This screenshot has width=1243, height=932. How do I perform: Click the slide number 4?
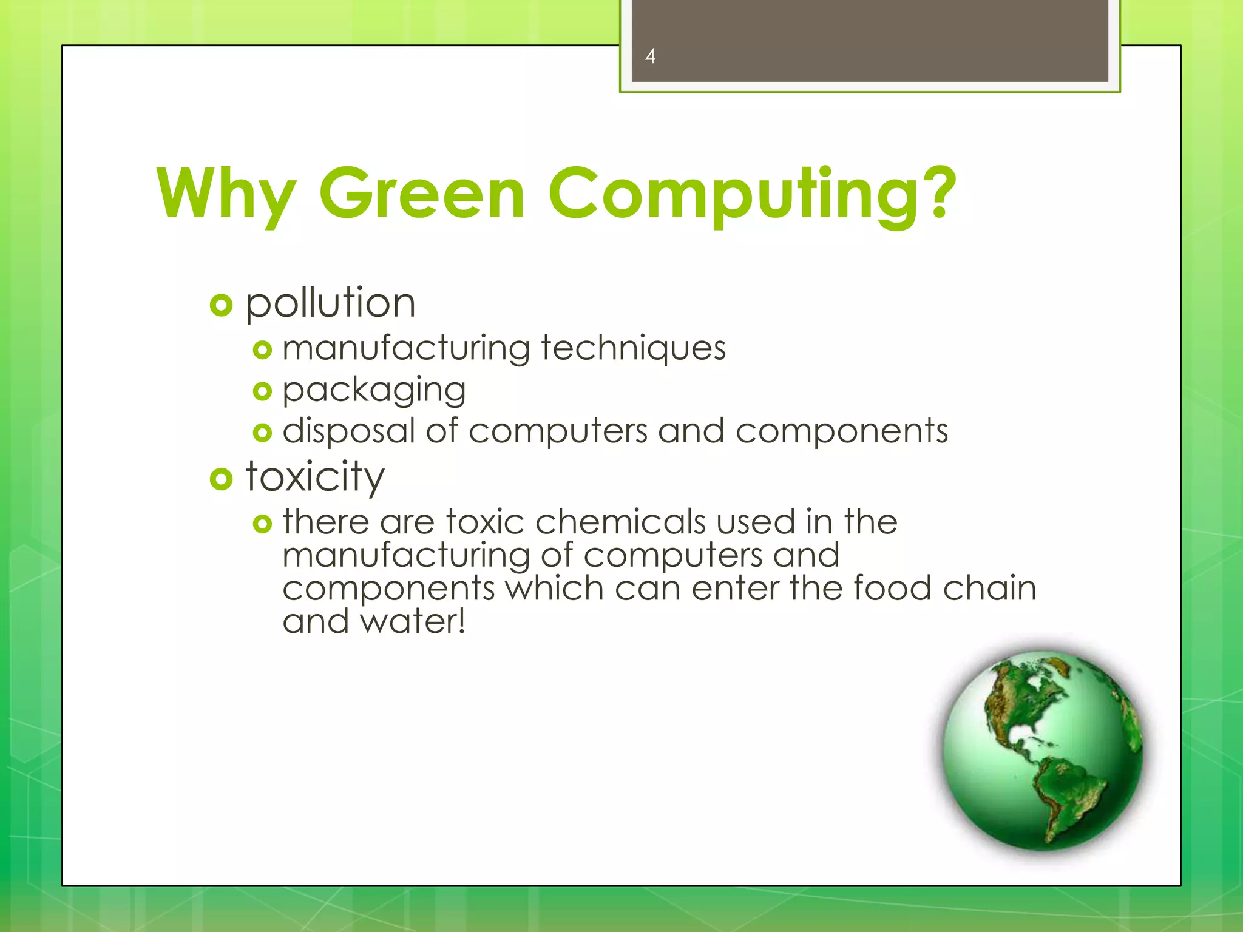tap(650, 56)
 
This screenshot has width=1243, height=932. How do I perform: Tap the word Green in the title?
tap(422, 193)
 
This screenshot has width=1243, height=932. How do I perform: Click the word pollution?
tap(330, 303)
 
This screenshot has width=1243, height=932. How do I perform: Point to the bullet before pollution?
tap(221, 305)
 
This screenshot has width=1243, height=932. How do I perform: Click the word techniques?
tap(633, 348)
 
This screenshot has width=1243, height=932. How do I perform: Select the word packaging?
tap(374, 390)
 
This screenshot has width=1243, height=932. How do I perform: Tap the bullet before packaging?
tap(262, 391)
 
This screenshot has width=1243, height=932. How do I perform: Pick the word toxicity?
tap(315, 477)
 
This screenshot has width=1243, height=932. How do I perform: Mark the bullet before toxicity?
tap(221, 479)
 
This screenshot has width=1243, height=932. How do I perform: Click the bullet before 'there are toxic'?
tap(262, 523)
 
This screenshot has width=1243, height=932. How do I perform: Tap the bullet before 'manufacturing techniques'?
tap(262, 350)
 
